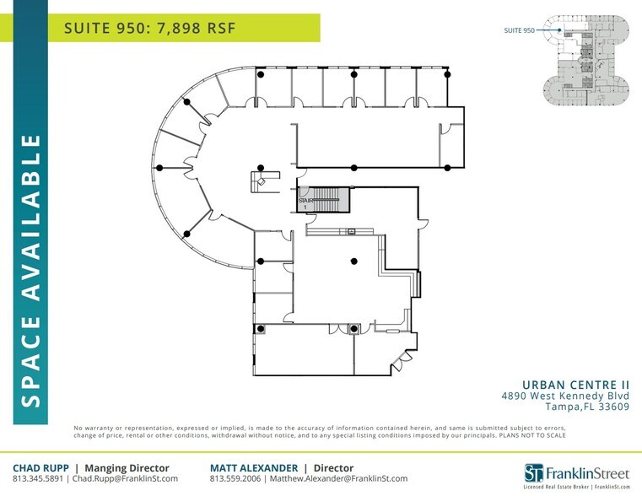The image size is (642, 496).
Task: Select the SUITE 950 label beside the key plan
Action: point(520,30)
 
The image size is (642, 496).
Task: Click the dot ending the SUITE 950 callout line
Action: point(559,30)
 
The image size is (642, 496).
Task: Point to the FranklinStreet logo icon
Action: point(533,472)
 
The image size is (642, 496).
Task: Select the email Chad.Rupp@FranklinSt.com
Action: point(125,479)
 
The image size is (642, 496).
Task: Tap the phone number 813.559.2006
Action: point(235,479)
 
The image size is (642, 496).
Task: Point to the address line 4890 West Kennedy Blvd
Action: point(565,395)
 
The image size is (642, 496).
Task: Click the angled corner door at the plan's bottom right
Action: point(397,365)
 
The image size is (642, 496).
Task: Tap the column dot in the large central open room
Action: point(354,261)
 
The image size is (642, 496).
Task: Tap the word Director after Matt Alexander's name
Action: point(334,467)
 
